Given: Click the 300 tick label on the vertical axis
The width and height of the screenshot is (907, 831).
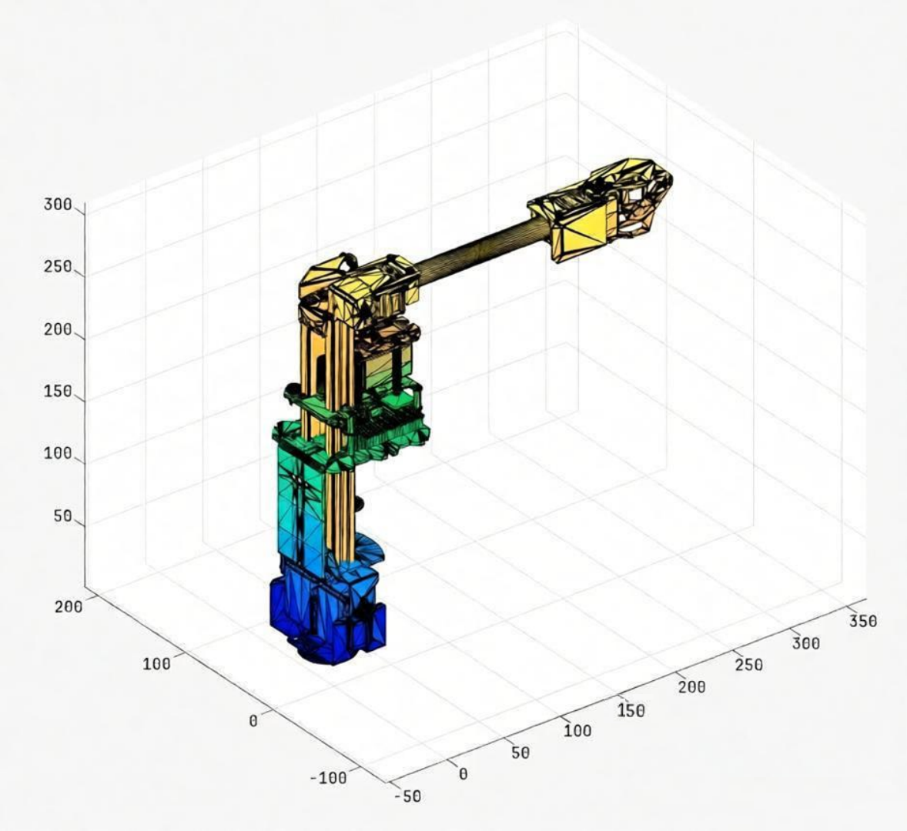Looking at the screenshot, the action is tap(58, 205).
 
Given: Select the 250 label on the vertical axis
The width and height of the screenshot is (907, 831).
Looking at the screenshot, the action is tap(58, 268).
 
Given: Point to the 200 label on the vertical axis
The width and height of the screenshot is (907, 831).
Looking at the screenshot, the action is tap(58, 330).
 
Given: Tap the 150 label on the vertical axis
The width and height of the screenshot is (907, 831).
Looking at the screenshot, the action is tap(58, 392).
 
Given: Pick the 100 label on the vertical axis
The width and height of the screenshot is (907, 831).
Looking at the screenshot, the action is tap(58, 454).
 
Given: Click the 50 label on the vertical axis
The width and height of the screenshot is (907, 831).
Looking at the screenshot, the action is tap(63, 516).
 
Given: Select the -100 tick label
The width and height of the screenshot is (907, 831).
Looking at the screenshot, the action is tap(329, 778).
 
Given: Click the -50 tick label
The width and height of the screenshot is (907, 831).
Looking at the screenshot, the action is tap(408, 796).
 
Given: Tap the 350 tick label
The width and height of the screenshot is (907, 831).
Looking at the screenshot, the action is tap(863, 621).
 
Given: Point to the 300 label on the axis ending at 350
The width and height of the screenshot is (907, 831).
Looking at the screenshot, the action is tap(806, 643).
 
